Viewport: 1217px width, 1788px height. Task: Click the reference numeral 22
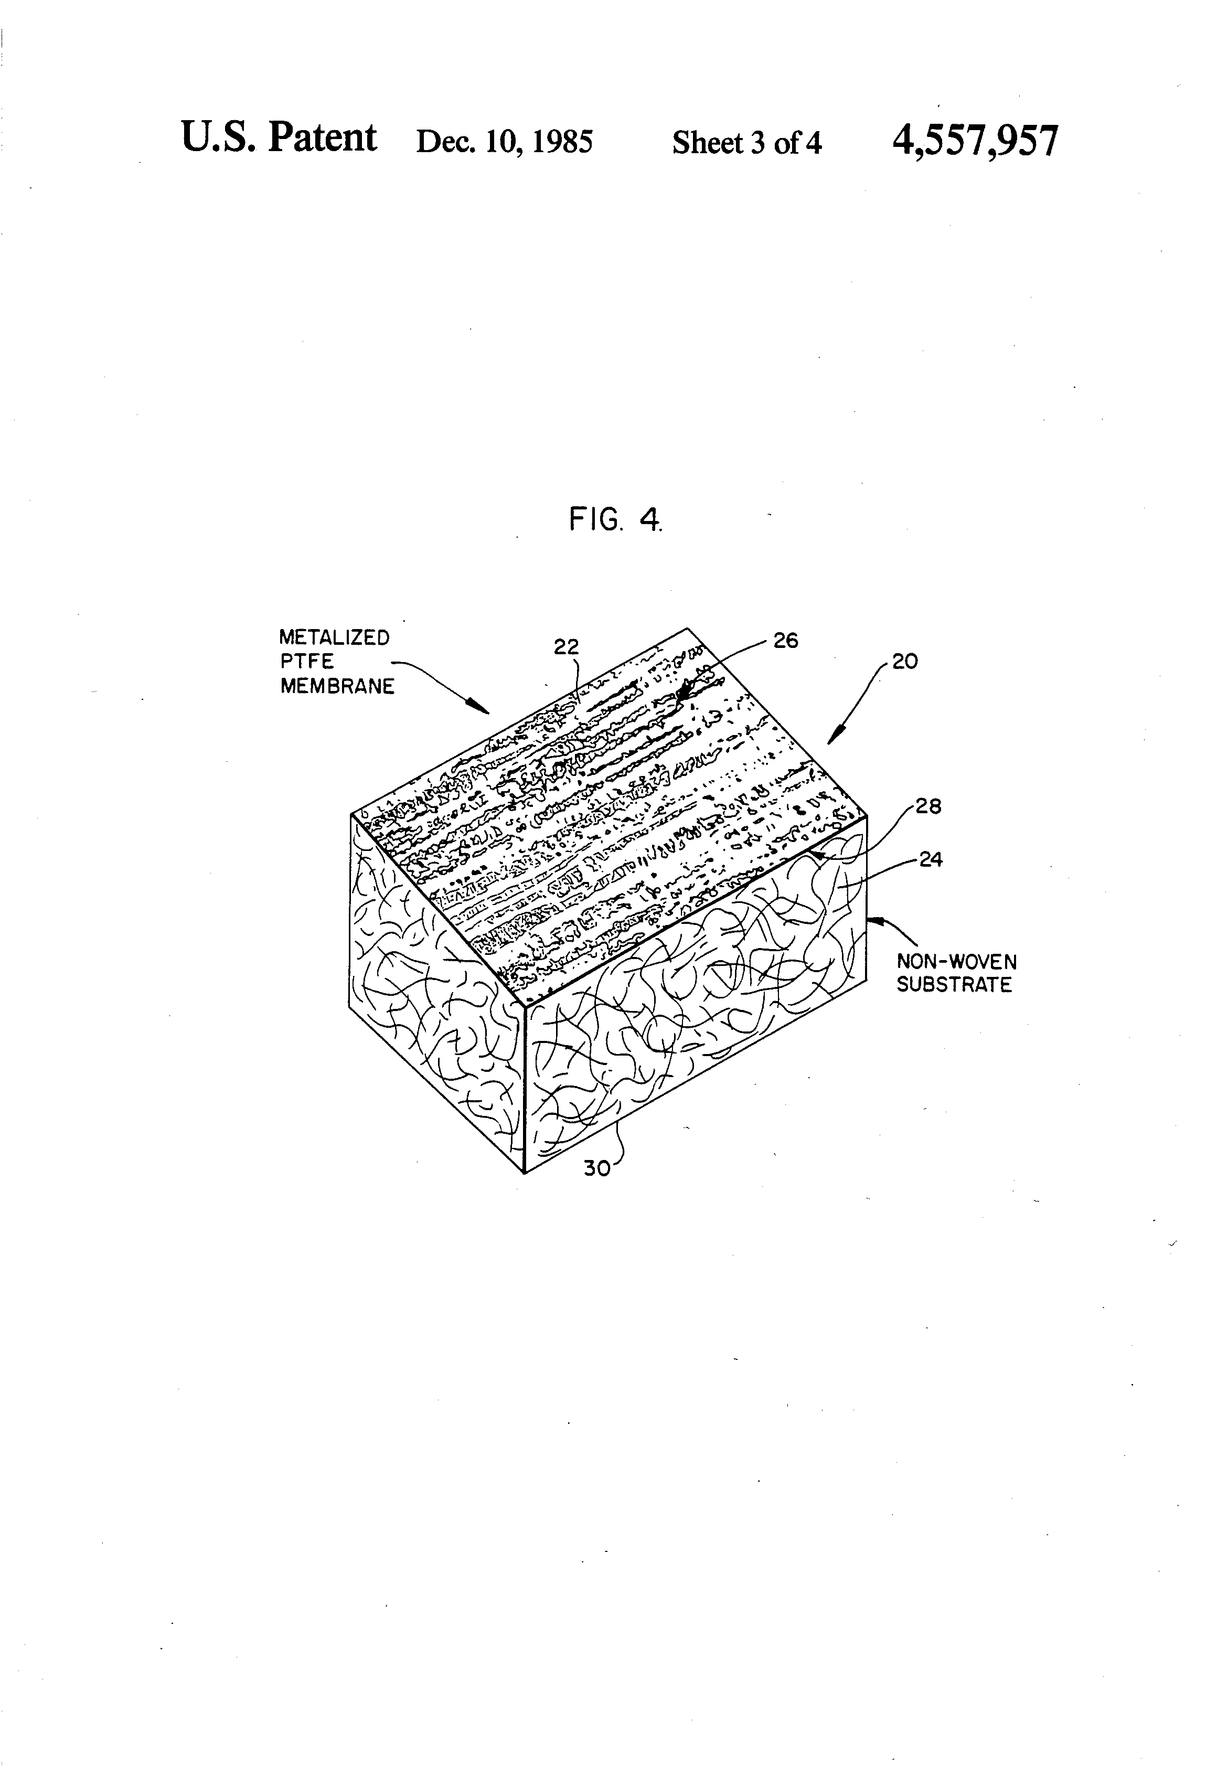565,647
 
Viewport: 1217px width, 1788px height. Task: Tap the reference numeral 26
785,640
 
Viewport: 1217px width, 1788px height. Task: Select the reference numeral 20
905,662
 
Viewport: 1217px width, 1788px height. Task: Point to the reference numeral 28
928,806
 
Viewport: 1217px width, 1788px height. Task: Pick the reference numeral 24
931,859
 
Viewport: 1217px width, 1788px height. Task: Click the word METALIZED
334,638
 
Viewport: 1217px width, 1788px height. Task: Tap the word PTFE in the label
307,662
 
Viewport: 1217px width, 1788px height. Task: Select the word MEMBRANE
337,686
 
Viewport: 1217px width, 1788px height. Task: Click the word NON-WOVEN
956,962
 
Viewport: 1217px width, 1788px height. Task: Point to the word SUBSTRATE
954,985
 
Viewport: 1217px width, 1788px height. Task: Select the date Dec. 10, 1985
504,142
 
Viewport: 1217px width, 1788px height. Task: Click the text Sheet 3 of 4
746,142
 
